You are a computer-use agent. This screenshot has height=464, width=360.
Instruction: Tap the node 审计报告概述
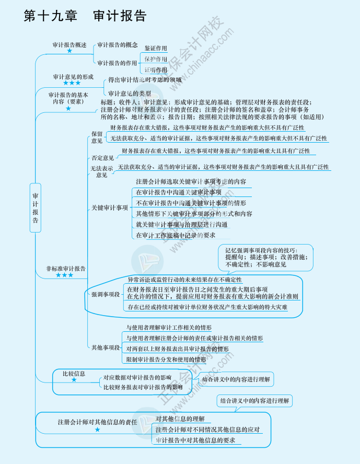(x=69, y=45)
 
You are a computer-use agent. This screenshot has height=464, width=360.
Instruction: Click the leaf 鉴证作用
(x=156, y=48)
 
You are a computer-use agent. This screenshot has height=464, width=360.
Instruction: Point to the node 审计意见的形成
(x=73, y=77)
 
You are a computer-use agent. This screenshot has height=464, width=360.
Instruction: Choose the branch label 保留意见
(x=97, y=137)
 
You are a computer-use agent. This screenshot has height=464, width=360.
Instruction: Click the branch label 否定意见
(x=102, y=158)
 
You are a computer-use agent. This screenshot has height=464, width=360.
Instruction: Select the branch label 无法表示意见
(x=101, y=171)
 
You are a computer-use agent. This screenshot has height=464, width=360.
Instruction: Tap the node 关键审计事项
(x=110, y=208)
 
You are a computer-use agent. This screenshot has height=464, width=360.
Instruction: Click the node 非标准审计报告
(x=66, y=268)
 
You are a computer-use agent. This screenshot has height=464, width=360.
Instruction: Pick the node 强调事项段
(x=106, y=295)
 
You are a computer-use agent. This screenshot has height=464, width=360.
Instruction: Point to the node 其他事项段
(x=106, y=347)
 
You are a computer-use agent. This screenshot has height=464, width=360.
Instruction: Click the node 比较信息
(x=74, y=374)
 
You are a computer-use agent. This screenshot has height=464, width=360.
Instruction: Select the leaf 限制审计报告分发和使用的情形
(x=166, y=359)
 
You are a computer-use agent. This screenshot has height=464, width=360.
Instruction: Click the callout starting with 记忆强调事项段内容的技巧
(x=265, y=257)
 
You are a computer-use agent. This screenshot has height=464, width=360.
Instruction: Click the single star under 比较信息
(x=74, y=380)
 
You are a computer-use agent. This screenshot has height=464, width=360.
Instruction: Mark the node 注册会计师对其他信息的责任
(x=97, y=422)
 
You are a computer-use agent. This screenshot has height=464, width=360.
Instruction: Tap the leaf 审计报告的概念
(x=118, y=45)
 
